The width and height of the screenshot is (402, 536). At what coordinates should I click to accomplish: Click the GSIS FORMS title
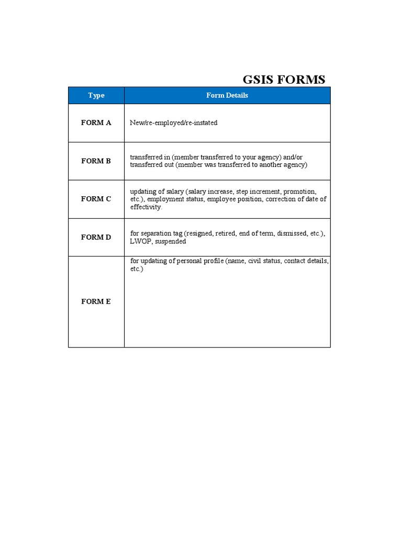point(284,80)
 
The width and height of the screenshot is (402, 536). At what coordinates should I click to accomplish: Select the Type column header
point(96,95)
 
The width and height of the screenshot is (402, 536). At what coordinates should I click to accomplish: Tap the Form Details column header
point(227,95)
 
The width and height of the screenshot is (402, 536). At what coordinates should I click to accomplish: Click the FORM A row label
point(96,123)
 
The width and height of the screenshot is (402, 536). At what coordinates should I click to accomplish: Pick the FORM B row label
point(96,161)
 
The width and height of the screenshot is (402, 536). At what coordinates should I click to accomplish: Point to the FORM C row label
point(96,199)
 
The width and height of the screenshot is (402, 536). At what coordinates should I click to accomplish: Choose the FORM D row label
point(96,237)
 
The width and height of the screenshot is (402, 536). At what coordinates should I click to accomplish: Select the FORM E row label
point(96,301)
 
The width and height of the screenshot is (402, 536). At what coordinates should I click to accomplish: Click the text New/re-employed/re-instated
point(174,123)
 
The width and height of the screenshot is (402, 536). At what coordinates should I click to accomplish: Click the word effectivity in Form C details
point(146,207)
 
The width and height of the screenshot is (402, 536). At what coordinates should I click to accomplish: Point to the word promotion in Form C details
point(299,192)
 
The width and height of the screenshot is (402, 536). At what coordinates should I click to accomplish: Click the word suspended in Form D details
point(171,241)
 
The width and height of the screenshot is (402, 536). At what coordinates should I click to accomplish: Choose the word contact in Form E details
point(295,261)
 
